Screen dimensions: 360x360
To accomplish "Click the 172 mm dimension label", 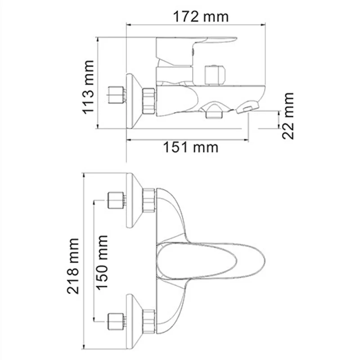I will pos(201,17).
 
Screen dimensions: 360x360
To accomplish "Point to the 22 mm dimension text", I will pos(288,116).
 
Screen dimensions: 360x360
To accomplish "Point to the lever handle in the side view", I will pos(198,43).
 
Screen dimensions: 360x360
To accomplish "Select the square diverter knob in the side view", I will pos(214,74).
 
